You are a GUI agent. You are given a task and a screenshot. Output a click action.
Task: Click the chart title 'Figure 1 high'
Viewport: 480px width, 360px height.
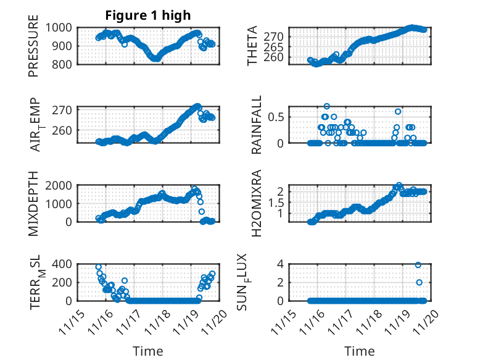pos(148,15)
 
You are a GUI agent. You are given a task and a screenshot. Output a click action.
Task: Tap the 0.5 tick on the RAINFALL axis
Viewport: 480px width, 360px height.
pos(276,116)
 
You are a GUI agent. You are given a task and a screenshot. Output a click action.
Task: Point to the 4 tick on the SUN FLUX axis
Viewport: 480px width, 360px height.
pos(279,264)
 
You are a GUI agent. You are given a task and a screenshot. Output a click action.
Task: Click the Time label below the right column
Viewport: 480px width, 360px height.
pos(359,351)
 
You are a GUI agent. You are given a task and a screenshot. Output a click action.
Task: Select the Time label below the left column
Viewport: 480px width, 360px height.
pos(148,351)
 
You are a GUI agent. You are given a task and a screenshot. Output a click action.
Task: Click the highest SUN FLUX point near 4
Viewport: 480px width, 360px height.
pos(418,265)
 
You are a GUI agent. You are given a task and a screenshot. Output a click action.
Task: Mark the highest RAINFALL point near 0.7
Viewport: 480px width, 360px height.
pos(326,106)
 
